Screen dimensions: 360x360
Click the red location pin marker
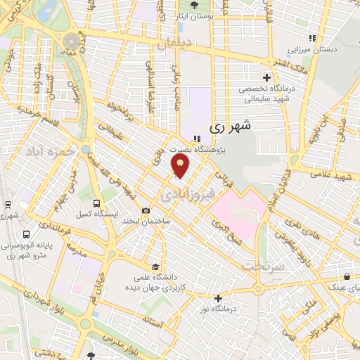(x=181, y=167)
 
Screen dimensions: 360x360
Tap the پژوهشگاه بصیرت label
(x=199, y=149)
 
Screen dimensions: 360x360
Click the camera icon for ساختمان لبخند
(x=146, y=211)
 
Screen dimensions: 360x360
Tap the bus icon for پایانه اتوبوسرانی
(x=26, y=234)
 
